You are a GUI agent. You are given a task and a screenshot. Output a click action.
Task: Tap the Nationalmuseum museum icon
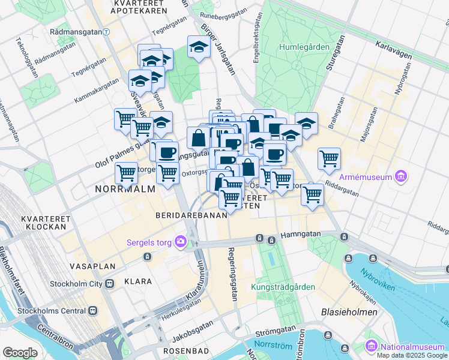[371, 346]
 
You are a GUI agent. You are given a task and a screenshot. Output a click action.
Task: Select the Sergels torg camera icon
[180, 242]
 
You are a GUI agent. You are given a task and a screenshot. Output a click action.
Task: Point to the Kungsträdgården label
[283, 287]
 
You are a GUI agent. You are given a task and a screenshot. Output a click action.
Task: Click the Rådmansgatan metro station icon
[106, 31]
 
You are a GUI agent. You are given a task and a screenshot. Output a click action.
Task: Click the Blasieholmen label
[349, 312]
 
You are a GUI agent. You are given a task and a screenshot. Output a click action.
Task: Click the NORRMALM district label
[125, 188]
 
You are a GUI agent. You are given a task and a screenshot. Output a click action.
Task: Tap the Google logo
[20, 352]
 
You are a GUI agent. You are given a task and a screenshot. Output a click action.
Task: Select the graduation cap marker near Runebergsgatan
[199, 47]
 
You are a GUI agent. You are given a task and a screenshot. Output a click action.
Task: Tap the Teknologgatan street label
[27, 59]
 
